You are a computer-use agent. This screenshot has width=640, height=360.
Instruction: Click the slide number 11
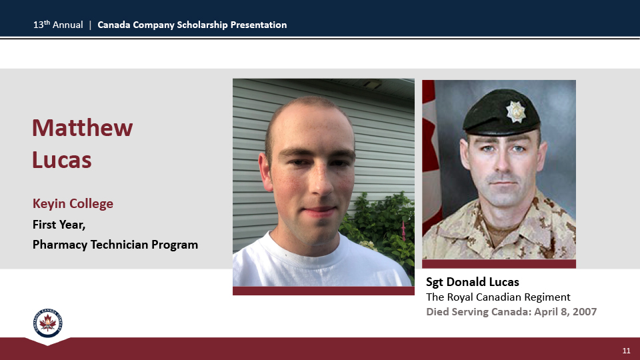(626, 351)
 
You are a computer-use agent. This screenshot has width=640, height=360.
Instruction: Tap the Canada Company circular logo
(48, 323)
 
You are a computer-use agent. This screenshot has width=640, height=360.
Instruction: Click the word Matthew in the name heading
(83, 128)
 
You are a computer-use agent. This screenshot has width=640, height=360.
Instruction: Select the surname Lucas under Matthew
(61, 159)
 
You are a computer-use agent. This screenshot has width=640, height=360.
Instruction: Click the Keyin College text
(73, 204)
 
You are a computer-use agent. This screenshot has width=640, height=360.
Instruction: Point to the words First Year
(59, 225)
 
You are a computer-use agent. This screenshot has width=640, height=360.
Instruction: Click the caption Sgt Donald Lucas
(472, 282)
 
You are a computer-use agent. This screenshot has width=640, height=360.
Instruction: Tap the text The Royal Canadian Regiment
(498, 297)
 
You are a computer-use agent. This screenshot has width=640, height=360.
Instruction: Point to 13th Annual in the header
(58, 25)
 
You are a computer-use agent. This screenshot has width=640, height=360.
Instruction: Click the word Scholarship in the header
(202, 25)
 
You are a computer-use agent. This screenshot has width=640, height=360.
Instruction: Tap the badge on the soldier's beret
(515, 111)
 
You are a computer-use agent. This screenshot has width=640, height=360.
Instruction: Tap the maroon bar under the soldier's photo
(499, 264)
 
